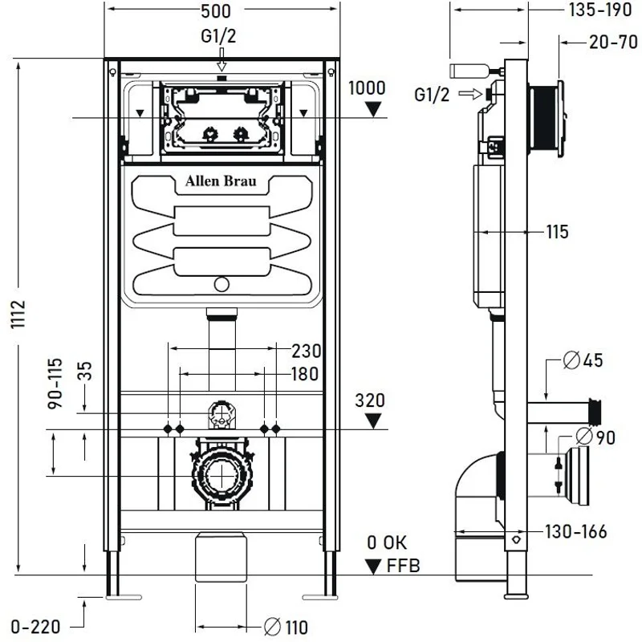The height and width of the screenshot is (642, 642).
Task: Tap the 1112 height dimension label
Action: [x=21, y=318]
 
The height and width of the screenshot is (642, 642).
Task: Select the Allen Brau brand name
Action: [x=221, y=181]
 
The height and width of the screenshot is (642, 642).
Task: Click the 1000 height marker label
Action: [x=367, y=87]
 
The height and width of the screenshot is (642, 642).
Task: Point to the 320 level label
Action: [x=370, y=400]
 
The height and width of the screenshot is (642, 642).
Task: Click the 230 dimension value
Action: [x=306, y=351]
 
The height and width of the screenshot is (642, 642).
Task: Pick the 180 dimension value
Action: [x=304, y=374]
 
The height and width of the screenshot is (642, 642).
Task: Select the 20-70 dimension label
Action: [x=612, y=43]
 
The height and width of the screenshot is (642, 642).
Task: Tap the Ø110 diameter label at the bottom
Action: [x=286, y=627]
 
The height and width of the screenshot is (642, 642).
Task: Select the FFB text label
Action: [x=401, y=567]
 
